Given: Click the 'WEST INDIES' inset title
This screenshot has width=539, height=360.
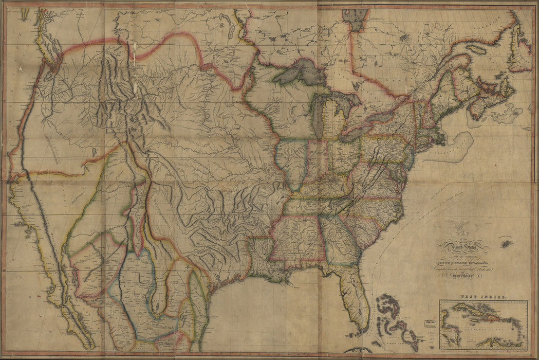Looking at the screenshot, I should coord(482,298).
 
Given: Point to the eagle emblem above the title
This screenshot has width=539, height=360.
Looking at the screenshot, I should coord(456,226).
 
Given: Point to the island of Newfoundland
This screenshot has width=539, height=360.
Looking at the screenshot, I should coord(519,49).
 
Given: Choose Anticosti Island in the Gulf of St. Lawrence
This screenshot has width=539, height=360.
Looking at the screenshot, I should coord(476,50).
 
